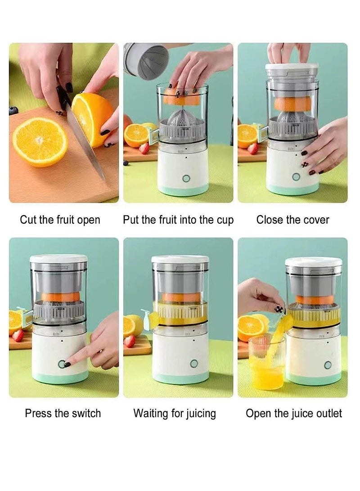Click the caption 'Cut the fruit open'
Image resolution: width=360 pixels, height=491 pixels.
60,220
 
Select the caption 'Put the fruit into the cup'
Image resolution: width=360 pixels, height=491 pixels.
178,220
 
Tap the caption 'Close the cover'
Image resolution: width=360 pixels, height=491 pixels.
292,220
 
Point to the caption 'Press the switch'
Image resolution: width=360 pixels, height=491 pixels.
63,413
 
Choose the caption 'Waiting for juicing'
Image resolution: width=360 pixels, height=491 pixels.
175,413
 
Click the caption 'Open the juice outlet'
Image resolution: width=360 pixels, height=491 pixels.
294,413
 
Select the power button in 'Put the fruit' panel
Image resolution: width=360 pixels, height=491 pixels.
186,178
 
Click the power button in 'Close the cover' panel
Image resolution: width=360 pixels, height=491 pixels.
296,176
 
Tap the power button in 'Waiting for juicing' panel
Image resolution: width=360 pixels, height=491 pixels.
194,364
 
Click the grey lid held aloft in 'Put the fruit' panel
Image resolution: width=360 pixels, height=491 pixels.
146,60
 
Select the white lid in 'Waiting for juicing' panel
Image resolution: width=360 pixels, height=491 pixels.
180,259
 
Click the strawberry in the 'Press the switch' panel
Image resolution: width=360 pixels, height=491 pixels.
18,335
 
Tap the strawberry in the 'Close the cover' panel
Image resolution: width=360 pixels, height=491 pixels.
253,149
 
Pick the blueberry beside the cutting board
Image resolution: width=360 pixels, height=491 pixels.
13,111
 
